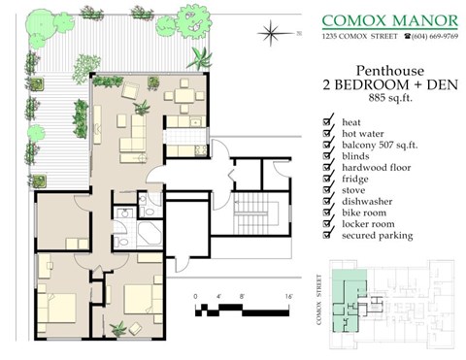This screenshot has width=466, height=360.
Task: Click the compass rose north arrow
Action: pos(269,36)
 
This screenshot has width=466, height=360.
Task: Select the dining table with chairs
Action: pos(182,96)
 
